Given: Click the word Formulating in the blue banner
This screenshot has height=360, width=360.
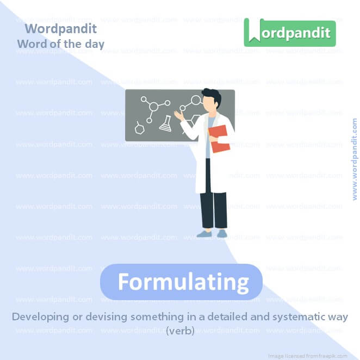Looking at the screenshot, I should tap(183, 282).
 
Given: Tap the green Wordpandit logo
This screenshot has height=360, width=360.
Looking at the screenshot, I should tap(289, 32).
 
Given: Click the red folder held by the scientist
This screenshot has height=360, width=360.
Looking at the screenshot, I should tap(219, 139).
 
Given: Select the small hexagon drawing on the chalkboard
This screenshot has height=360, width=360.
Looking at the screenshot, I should tap(139, 128).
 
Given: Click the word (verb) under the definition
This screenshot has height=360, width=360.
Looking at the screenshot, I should tap(180, 330).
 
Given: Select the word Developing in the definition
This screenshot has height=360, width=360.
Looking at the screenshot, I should tap(40, 317).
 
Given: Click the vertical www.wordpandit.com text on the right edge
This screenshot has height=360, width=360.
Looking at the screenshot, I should tap(355, 159).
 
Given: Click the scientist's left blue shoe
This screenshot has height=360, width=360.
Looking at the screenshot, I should tap(204, 234).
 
